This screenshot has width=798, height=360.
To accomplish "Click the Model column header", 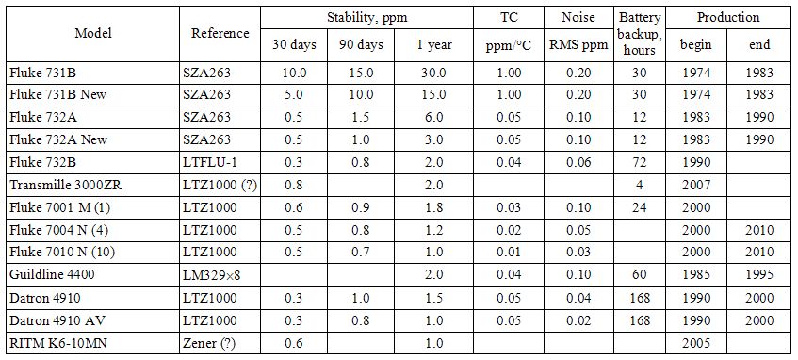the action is pyautogui.click(x=93, y=34).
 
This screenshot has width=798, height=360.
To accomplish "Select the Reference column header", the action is pyautogui.click(x=220, y=34).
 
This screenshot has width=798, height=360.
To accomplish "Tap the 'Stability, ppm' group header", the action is pyautogui.click(x=366, y=17).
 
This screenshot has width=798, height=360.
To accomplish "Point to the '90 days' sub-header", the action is pyautogui.click(x=361, y=45).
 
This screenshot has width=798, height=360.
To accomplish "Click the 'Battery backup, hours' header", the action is pyautogui.click(x=639, y=34).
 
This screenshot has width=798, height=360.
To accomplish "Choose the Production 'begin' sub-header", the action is pyautogui.click(x=696, y=45).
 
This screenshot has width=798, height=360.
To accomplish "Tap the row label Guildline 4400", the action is pyautogui.click(x=46, y=275).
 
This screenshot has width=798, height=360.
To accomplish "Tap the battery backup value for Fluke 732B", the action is pyautogui.click(x=639, y=162).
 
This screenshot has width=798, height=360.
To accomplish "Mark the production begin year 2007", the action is pyautogui.click(x=696, y=185).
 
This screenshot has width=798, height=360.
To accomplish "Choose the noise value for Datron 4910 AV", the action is pyautogui.click(x=579, y=320).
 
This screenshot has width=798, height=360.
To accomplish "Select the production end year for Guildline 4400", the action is pyautogui.click(x=759, y=275).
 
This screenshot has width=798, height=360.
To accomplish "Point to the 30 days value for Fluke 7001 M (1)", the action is pyautogui.click(x=295, y=207).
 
